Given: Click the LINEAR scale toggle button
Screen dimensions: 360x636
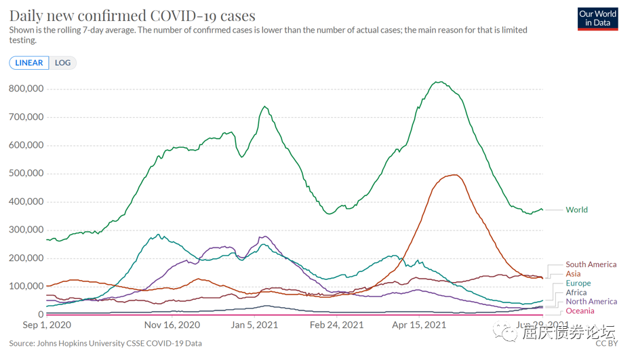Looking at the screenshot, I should [29, 63].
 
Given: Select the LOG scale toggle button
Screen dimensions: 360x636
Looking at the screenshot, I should [62, 63].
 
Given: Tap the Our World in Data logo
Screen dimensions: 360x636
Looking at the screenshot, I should [597, 18].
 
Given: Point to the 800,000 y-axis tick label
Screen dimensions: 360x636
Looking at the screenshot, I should [26, 89].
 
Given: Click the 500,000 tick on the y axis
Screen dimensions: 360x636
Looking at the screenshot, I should [26, 174].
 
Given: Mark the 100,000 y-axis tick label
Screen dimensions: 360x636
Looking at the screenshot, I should [26, 286].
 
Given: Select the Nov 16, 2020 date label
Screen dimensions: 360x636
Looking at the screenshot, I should [172, 325].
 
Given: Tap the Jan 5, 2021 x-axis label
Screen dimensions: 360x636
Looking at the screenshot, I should [256, 325].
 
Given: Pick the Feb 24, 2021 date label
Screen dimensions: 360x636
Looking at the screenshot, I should [337, 325].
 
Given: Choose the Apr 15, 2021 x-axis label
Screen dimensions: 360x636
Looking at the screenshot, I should [419, 325].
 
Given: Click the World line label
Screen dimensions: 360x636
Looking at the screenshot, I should [576, 210].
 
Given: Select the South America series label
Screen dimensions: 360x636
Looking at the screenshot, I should [591, 264].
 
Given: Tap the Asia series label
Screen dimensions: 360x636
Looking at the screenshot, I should [573, 274].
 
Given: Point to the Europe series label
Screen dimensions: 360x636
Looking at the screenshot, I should [578, 283].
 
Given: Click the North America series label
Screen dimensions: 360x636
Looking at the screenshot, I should [591, 302].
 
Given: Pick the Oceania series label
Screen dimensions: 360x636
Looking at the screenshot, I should [580, 311].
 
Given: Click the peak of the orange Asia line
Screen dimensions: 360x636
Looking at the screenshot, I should [454, 175].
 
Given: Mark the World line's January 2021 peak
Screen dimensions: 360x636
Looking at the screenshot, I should [264, 106].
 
